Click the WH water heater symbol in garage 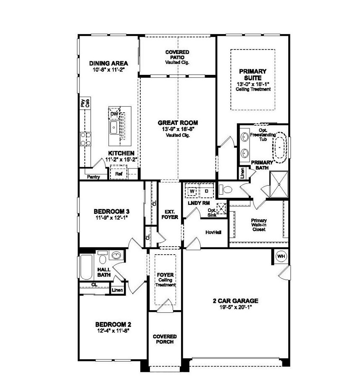[x=280, y=256]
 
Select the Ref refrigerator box [x=118, y=173]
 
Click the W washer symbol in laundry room [x=192, y=191]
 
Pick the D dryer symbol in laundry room [x=206, y=191]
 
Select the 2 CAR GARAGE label [x=235, y=301]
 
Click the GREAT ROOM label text [x=178, y=123]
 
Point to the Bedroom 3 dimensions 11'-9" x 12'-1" [x=111, y=218]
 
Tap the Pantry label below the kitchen [x=93, y=177]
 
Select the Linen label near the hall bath [x=116, y=290]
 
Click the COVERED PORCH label [x=165, y=339]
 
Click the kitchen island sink [x=114, y=127]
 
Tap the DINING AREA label [x=108, y=63]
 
